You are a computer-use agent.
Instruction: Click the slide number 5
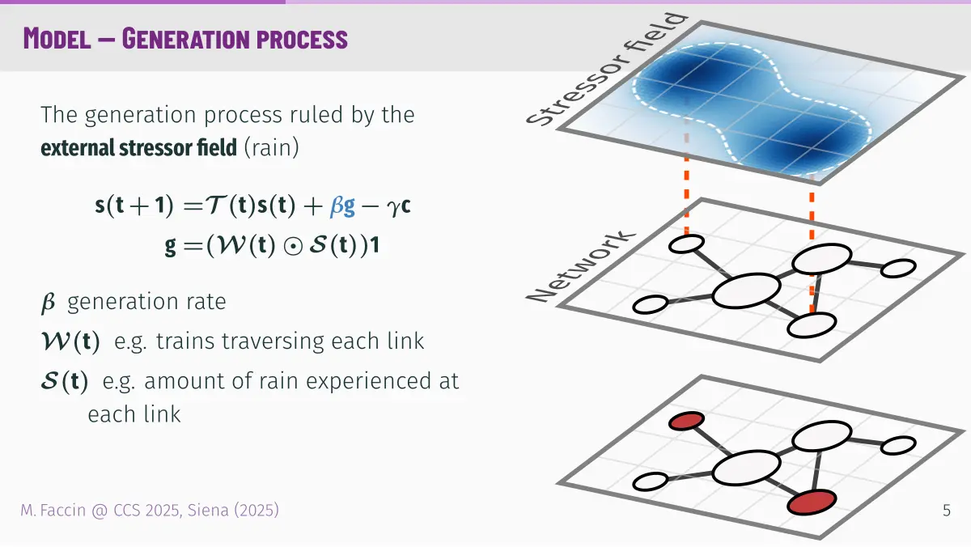(947, 511)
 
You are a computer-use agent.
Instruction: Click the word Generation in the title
(185, 39)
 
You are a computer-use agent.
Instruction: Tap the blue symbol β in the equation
(337, 206)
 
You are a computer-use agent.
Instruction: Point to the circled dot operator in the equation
(293, 246)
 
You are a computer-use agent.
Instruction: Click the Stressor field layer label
(607, 70)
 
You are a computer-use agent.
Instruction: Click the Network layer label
(581, 265)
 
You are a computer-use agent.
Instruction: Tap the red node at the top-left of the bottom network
(686, 421)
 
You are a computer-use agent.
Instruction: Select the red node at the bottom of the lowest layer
(812, 502)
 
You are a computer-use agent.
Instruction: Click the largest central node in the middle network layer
(746, 290)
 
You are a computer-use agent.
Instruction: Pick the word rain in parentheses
(271, 147)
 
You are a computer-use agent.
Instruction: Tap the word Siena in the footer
(208, 510)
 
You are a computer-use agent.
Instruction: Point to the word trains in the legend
(185, 341)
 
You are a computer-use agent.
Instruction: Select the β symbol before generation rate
(48, 302)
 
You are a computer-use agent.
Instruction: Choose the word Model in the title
(57, 39)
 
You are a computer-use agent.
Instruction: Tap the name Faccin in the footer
(63, 510)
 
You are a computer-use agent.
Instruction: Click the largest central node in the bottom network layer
(746, 467)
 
